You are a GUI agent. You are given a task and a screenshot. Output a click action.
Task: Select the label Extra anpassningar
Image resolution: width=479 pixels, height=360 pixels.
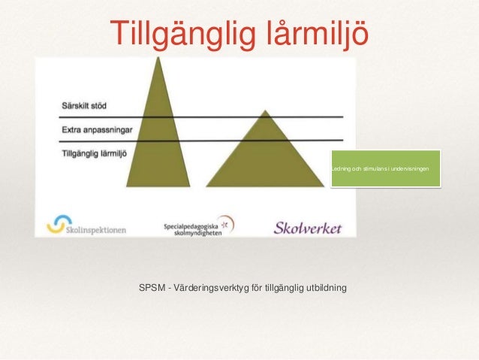point(97,129)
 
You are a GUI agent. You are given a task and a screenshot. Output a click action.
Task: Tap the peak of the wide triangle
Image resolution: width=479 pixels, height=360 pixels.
point(264,112)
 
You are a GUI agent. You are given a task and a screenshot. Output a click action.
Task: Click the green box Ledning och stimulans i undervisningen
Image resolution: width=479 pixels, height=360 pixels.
point(384,168)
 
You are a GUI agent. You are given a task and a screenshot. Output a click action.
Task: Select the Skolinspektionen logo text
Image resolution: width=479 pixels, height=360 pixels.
point(95,225)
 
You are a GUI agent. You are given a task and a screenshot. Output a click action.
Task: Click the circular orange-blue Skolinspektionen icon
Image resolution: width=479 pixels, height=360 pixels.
point(56,223)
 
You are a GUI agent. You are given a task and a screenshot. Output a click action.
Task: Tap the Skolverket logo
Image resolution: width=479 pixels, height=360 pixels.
point(307,226)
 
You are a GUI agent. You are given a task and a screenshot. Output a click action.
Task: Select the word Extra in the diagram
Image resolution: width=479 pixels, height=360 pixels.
point(71,129)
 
